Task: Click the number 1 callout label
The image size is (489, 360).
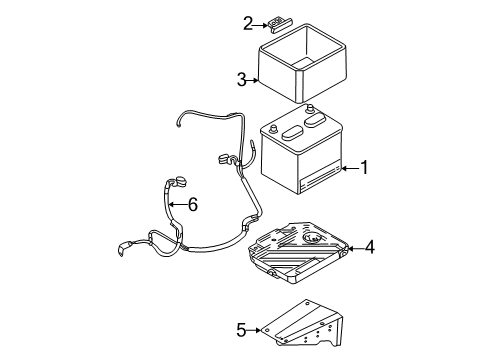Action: pos(365,168)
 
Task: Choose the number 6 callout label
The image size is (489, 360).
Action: pos(193,204)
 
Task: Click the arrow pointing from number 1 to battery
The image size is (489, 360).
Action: pos(347,169)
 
